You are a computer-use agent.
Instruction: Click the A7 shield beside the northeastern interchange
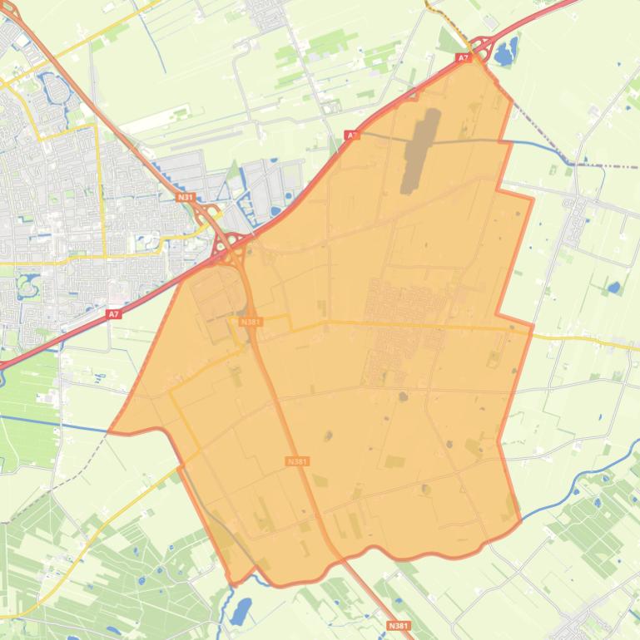[464, 57]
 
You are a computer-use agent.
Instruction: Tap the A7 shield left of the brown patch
[352, 135]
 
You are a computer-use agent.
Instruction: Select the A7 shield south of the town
[114, 314]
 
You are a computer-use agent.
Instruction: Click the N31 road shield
[186, 197]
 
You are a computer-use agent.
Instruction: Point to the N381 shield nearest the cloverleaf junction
[250, 322]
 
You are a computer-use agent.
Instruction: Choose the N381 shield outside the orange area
[399, 625]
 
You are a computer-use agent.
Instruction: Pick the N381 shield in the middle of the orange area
[297, 461]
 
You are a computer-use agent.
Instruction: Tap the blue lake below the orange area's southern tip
[241, 612]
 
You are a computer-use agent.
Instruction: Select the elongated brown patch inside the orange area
[420, 150]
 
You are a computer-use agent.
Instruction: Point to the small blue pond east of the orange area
[614, 288]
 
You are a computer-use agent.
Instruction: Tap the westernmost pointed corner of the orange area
[111, 431]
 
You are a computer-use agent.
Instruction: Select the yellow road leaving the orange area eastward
[583, 341]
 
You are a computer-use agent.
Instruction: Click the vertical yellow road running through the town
[101, 191]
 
